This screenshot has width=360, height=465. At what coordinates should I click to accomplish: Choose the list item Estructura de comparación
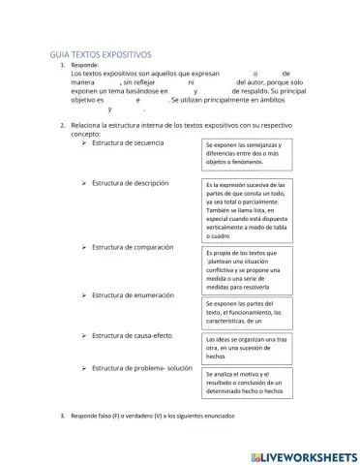tap(133, 246)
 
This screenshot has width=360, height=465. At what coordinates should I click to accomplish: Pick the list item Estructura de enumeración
tap(133, 294)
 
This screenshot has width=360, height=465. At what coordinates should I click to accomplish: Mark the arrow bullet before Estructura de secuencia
tap(85, 143)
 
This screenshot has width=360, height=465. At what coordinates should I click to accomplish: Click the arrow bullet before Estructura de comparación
tap(85, 246)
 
